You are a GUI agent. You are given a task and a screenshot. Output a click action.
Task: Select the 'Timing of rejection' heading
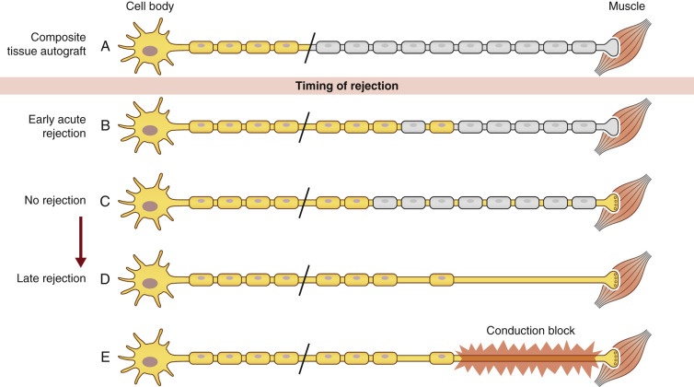tap(347, 86)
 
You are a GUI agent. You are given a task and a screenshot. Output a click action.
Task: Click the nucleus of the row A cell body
tap(148, 47)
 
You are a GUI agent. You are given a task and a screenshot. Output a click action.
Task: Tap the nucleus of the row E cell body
tap(148, 357)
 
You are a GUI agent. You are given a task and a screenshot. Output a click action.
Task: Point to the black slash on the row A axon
tap(309, 44)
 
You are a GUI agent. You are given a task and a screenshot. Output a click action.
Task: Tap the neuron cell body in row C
tap(148, 200)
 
